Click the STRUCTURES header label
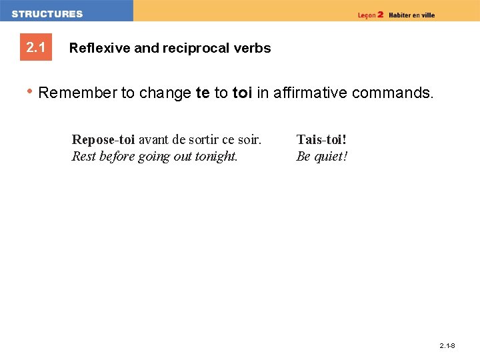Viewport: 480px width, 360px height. (47, 14)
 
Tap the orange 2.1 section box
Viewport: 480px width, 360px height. (35, 48)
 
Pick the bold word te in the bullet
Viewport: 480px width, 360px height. (203, 93)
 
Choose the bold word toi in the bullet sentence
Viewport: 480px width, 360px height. (242, 93)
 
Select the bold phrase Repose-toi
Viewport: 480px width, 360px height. (103, 139)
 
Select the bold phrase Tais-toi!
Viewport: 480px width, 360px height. (321, 139)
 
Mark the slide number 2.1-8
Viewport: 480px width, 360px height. (447, 346)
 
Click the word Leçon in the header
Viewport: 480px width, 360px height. (366, 15)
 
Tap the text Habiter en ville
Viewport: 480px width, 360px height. (412, 15)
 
